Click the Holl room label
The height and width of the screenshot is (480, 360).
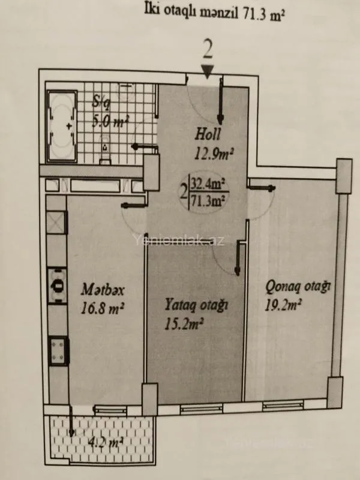pyautogui.click(x=209, y=133)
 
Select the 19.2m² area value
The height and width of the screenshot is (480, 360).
pyautogui.click(x=283, y=305)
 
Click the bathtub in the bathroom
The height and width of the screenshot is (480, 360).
pyautogui.click(x=61, y=127)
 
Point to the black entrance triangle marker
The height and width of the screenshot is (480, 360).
pyautogui.click(x=207, y=73)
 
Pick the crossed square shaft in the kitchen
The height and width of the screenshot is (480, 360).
pyautogui.click(x=55, y=223)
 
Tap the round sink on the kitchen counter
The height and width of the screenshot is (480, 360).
pyautogui.click(x=58, y=284)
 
